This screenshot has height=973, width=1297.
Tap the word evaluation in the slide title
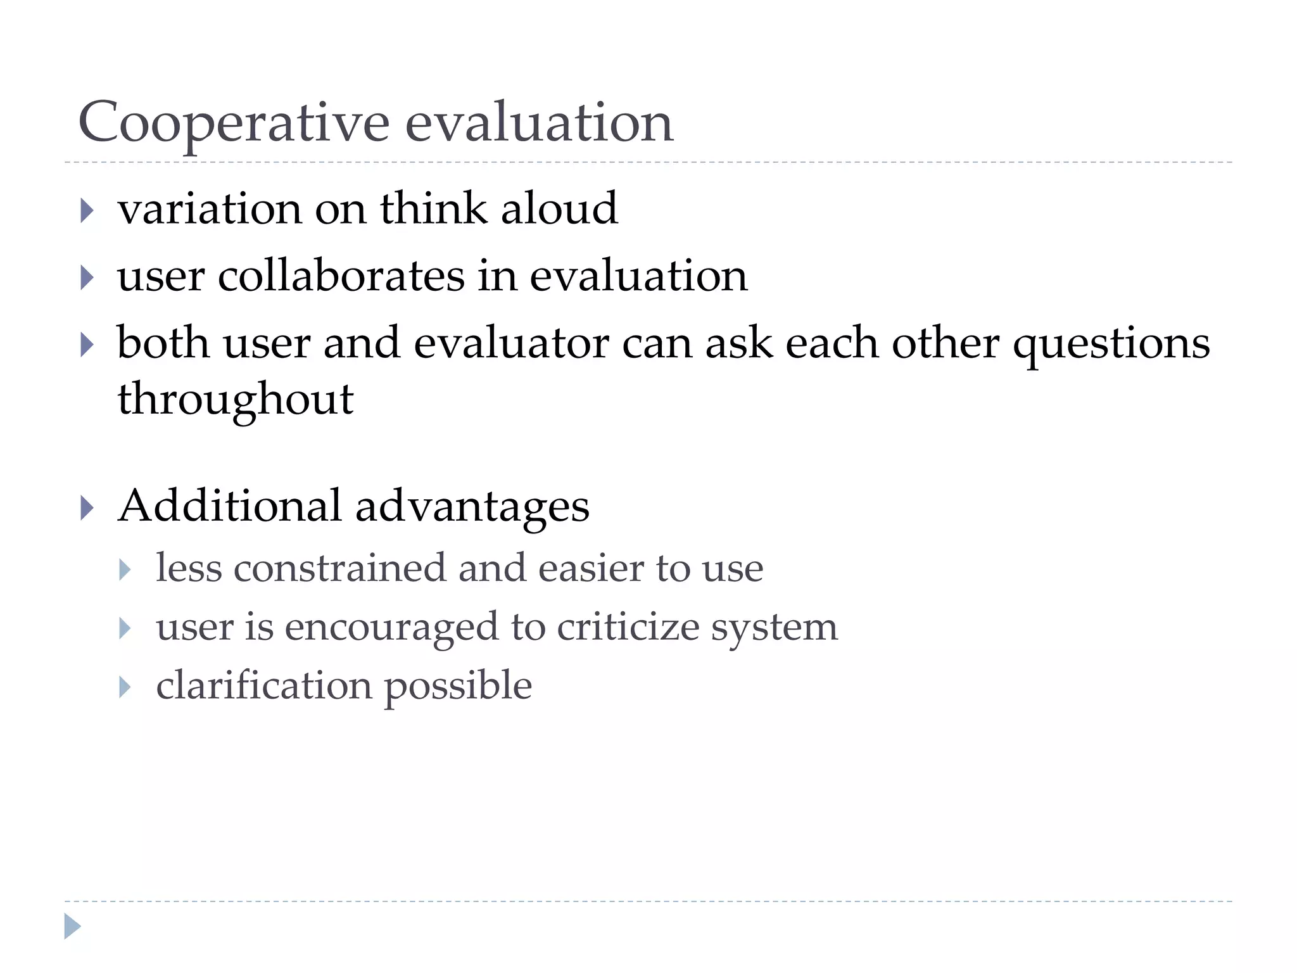539,123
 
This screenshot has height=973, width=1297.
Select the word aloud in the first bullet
559,208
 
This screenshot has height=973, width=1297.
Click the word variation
210,208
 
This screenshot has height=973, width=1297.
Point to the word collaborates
341,276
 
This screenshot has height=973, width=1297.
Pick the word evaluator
511,343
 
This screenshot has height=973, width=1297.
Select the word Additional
230,506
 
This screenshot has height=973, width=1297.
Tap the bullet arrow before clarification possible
125,687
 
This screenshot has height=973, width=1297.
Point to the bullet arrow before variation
87,210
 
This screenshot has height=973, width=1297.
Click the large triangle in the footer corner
72,926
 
